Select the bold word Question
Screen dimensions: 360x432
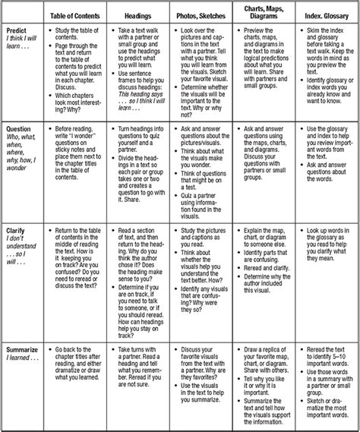pyautogui.click(x=19, y=130)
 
